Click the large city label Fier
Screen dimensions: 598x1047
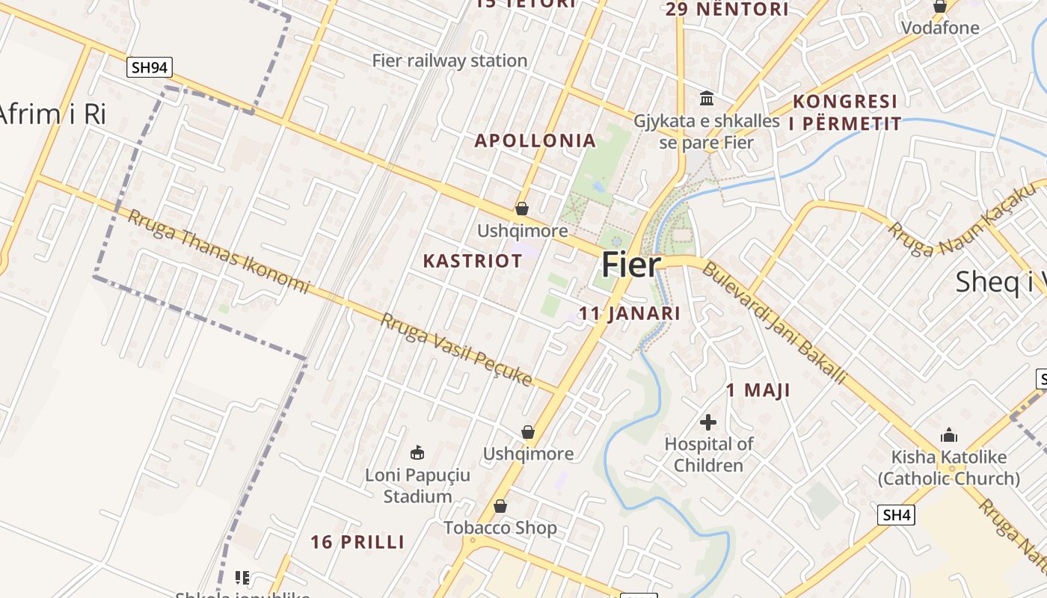click(x=632, y=265)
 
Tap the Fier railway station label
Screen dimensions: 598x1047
click(x=449, y=61)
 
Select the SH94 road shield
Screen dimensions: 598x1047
click(x=150, y=67)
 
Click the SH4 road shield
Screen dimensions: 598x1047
click(x=897, y=514)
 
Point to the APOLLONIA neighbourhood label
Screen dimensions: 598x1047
click(x=535, y=141)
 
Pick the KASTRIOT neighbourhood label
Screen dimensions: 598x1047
click(x=473, y=261)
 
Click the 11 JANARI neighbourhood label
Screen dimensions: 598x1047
click(x=630, y=313)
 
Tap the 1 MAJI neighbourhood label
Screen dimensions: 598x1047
click(x=758, y=390)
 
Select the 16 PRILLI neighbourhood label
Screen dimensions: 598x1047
click(x=357, y=542)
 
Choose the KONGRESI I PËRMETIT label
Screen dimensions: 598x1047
click(x=846, y=112)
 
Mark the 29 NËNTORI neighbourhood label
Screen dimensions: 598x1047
click(x=727, y=9)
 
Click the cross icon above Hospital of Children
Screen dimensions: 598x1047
click(x=707, y=422)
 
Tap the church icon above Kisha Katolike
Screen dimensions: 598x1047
click(x=949, y=435)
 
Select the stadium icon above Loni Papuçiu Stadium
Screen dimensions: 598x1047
click(x=417, y=452)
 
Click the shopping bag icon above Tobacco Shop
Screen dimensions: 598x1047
click(x=500, y=507)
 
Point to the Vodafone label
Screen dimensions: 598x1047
click(x=940, y=28)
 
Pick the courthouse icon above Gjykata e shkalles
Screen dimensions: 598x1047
click(x=707, y=98)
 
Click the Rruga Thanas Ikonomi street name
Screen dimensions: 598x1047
click(x=218, y=251)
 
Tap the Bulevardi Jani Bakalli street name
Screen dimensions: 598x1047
click(x=774, y=323)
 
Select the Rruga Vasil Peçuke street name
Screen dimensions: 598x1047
click(x=456, y=349)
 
